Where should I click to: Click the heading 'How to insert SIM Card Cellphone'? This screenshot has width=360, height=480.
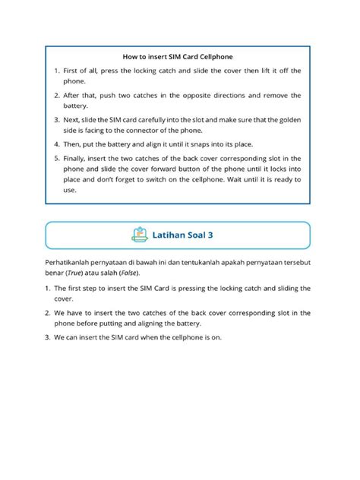tap(177, 56)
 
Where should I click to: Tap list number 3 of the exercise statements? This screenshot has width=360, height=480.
tap(48, 337)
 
